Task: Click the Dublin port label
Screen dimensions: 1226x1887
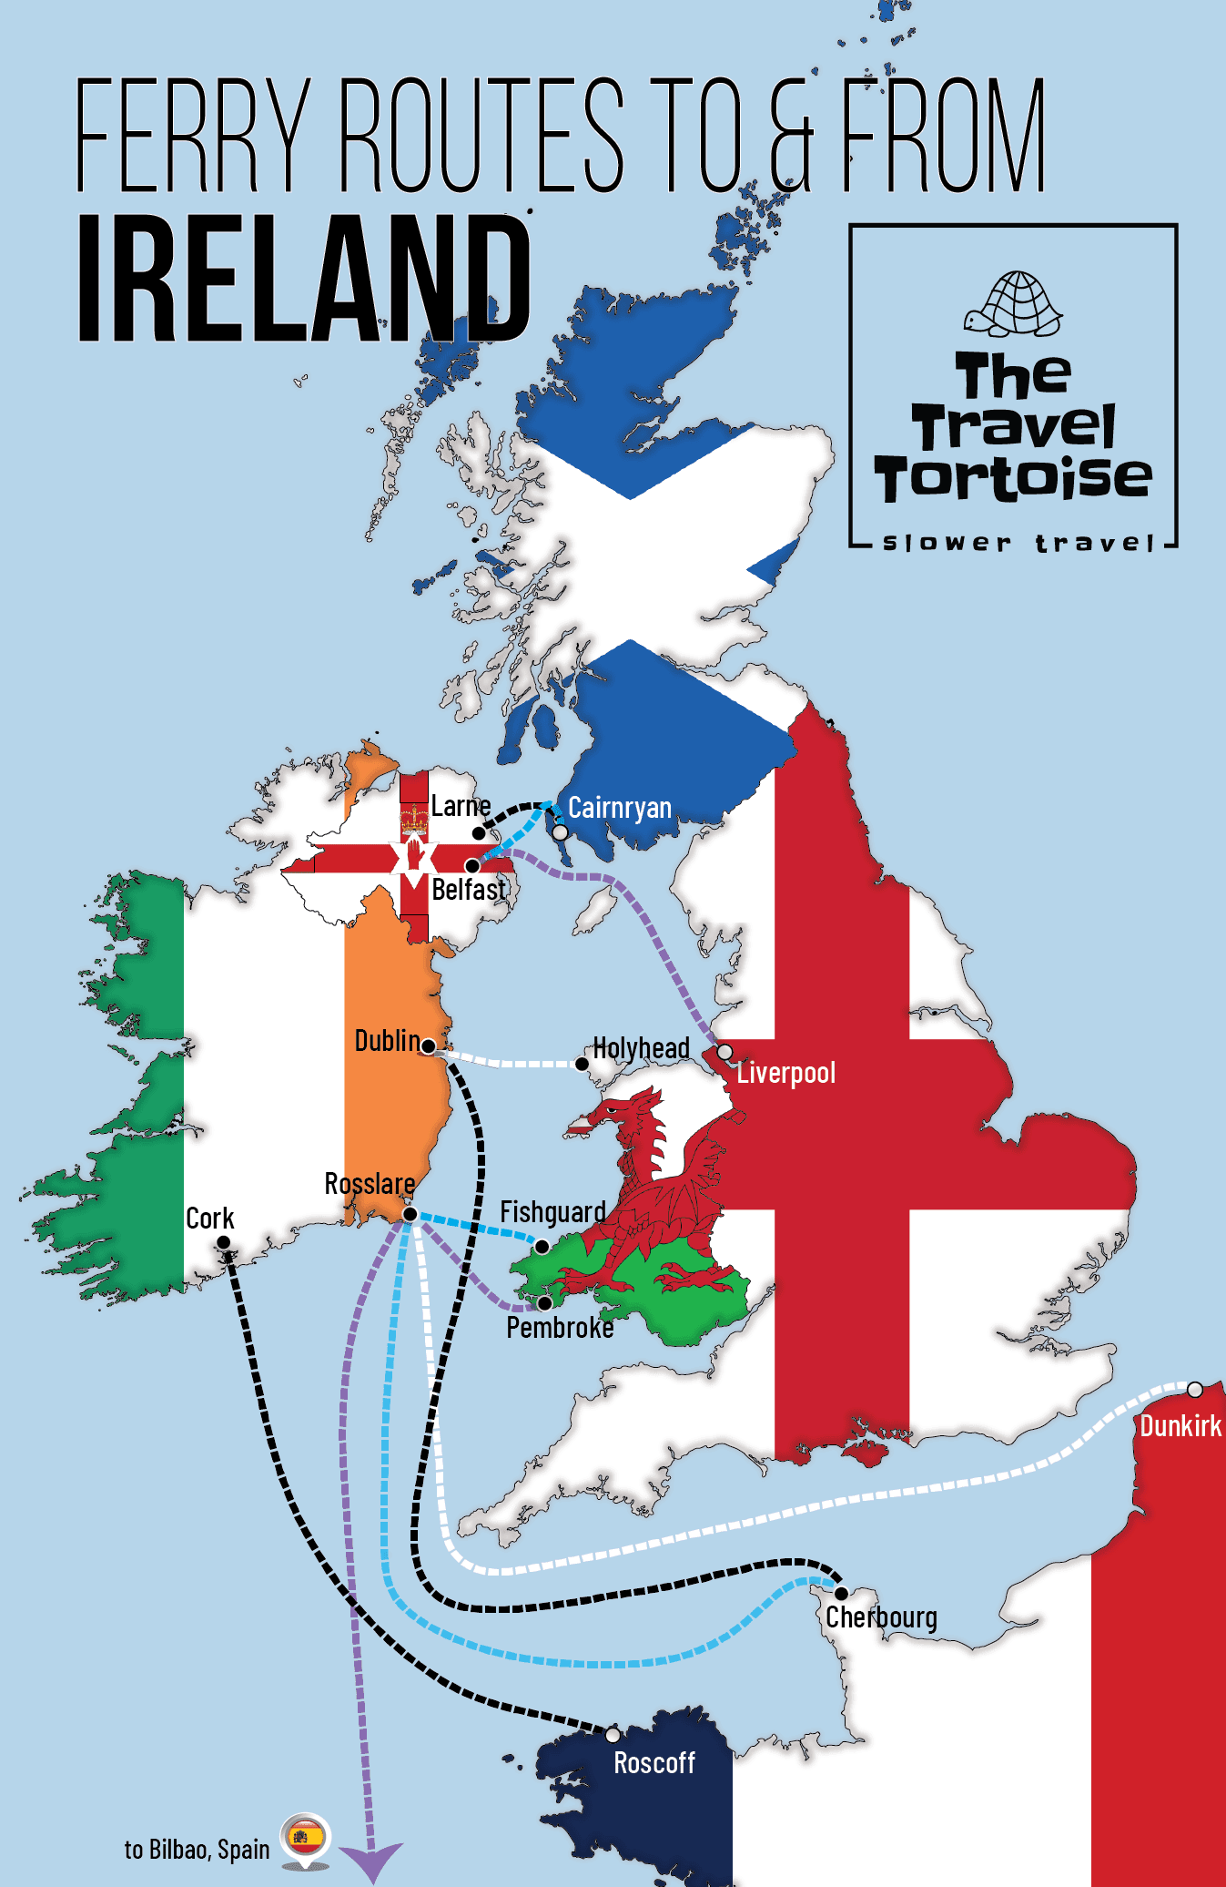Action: [x=387, y=1040]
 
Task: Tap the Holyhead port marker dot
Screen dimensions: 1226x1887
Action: [x=582, y=1064]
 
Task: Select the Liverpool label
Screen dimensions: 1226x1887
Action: [x=785, y=1073]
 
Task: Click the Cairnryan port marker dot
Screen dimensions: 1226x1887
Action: [x=561, y=832]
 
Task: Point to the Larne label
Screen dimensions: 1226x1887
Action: [x=461, y=806]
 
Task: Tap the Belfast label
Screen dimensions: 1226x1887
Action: [x=468, y=889]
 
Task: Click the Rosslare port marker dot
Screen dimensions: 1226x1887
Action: [x=410, y=1214]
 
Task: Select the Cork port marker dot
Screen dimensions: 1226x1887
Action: [x=223, y=1242]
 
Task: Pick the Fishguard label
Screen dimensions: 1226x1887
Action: [x=552, y=1212]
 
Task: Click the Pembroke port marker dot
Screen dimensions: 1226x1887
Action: [x=544, y=1303]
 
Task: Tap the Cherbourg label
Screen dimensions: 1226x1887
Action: [x=881, y=1617]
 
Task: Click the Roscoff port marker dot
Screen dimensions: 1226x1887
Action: [x=613, y=1735]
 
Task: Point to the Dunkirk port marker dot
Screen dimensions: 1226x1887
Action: [x=1195, y=1390]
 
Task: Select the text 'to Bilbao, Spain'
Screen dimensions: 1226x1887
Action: [x=197, y=1850]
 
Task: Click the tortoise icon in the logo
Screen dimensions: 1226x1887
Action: [x=1013, y=304]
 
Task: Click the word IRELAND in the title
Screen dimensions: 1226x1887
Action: [x=304, y=279]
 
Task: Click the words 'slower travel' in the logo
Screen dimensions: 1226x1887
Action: [x=1018, y=544]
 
